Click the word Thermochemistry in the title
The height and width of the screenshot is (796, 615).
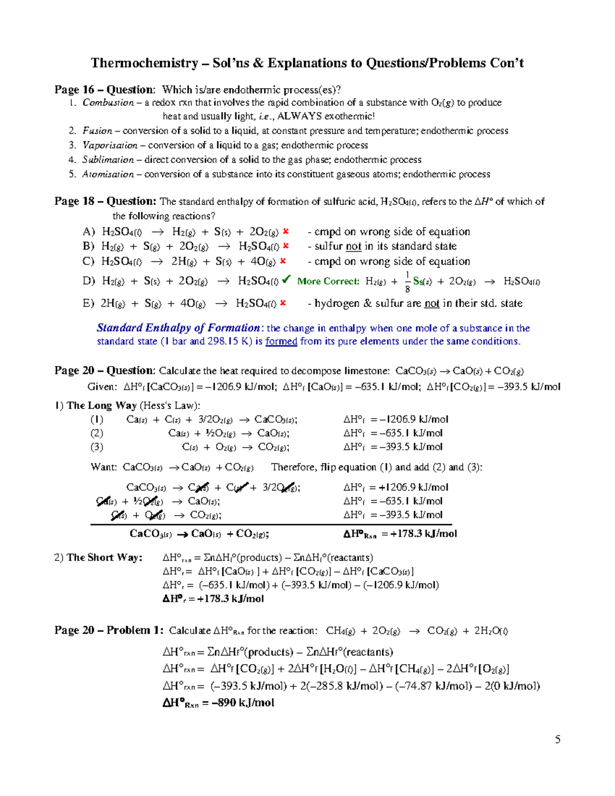tap(144, 63)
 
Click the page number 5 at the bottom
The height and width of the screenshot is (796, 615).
tap(558, 739)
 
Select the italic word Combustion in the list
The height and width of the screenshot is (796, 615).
tap(108, 103)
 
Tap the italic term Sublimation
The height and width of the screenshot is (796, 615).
tap(108, 160)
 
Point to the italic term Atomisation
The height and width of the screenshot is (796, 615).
tap(108, 174)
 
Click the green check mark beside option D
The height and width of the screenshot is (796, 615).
tap(286, 279)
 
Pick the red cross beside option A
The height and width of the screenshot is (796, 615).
tap(286, 232)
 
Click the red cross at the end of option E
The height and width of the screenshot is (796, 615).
tap(283, 303)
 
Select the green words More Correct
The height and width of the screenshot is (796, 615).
tap(328, 281)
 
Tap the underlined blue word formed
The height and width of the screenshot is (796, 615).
tap(281, 341)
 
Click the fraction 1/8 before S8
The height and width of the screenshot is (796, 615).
tap(407, 282)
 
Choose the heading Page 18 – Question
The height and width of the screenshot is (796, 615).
tap(105, 201)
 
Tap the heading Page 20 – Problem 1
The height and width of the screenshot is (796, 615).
tap(109, 630)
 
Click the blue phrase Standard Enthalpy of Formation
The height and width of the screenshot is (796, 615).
tap(179, 328)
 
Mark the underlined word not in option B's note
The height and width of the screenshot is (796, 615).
tap(354, 246)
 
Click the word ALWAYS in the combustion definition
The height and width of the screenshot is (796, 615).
tap(299, 116)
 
